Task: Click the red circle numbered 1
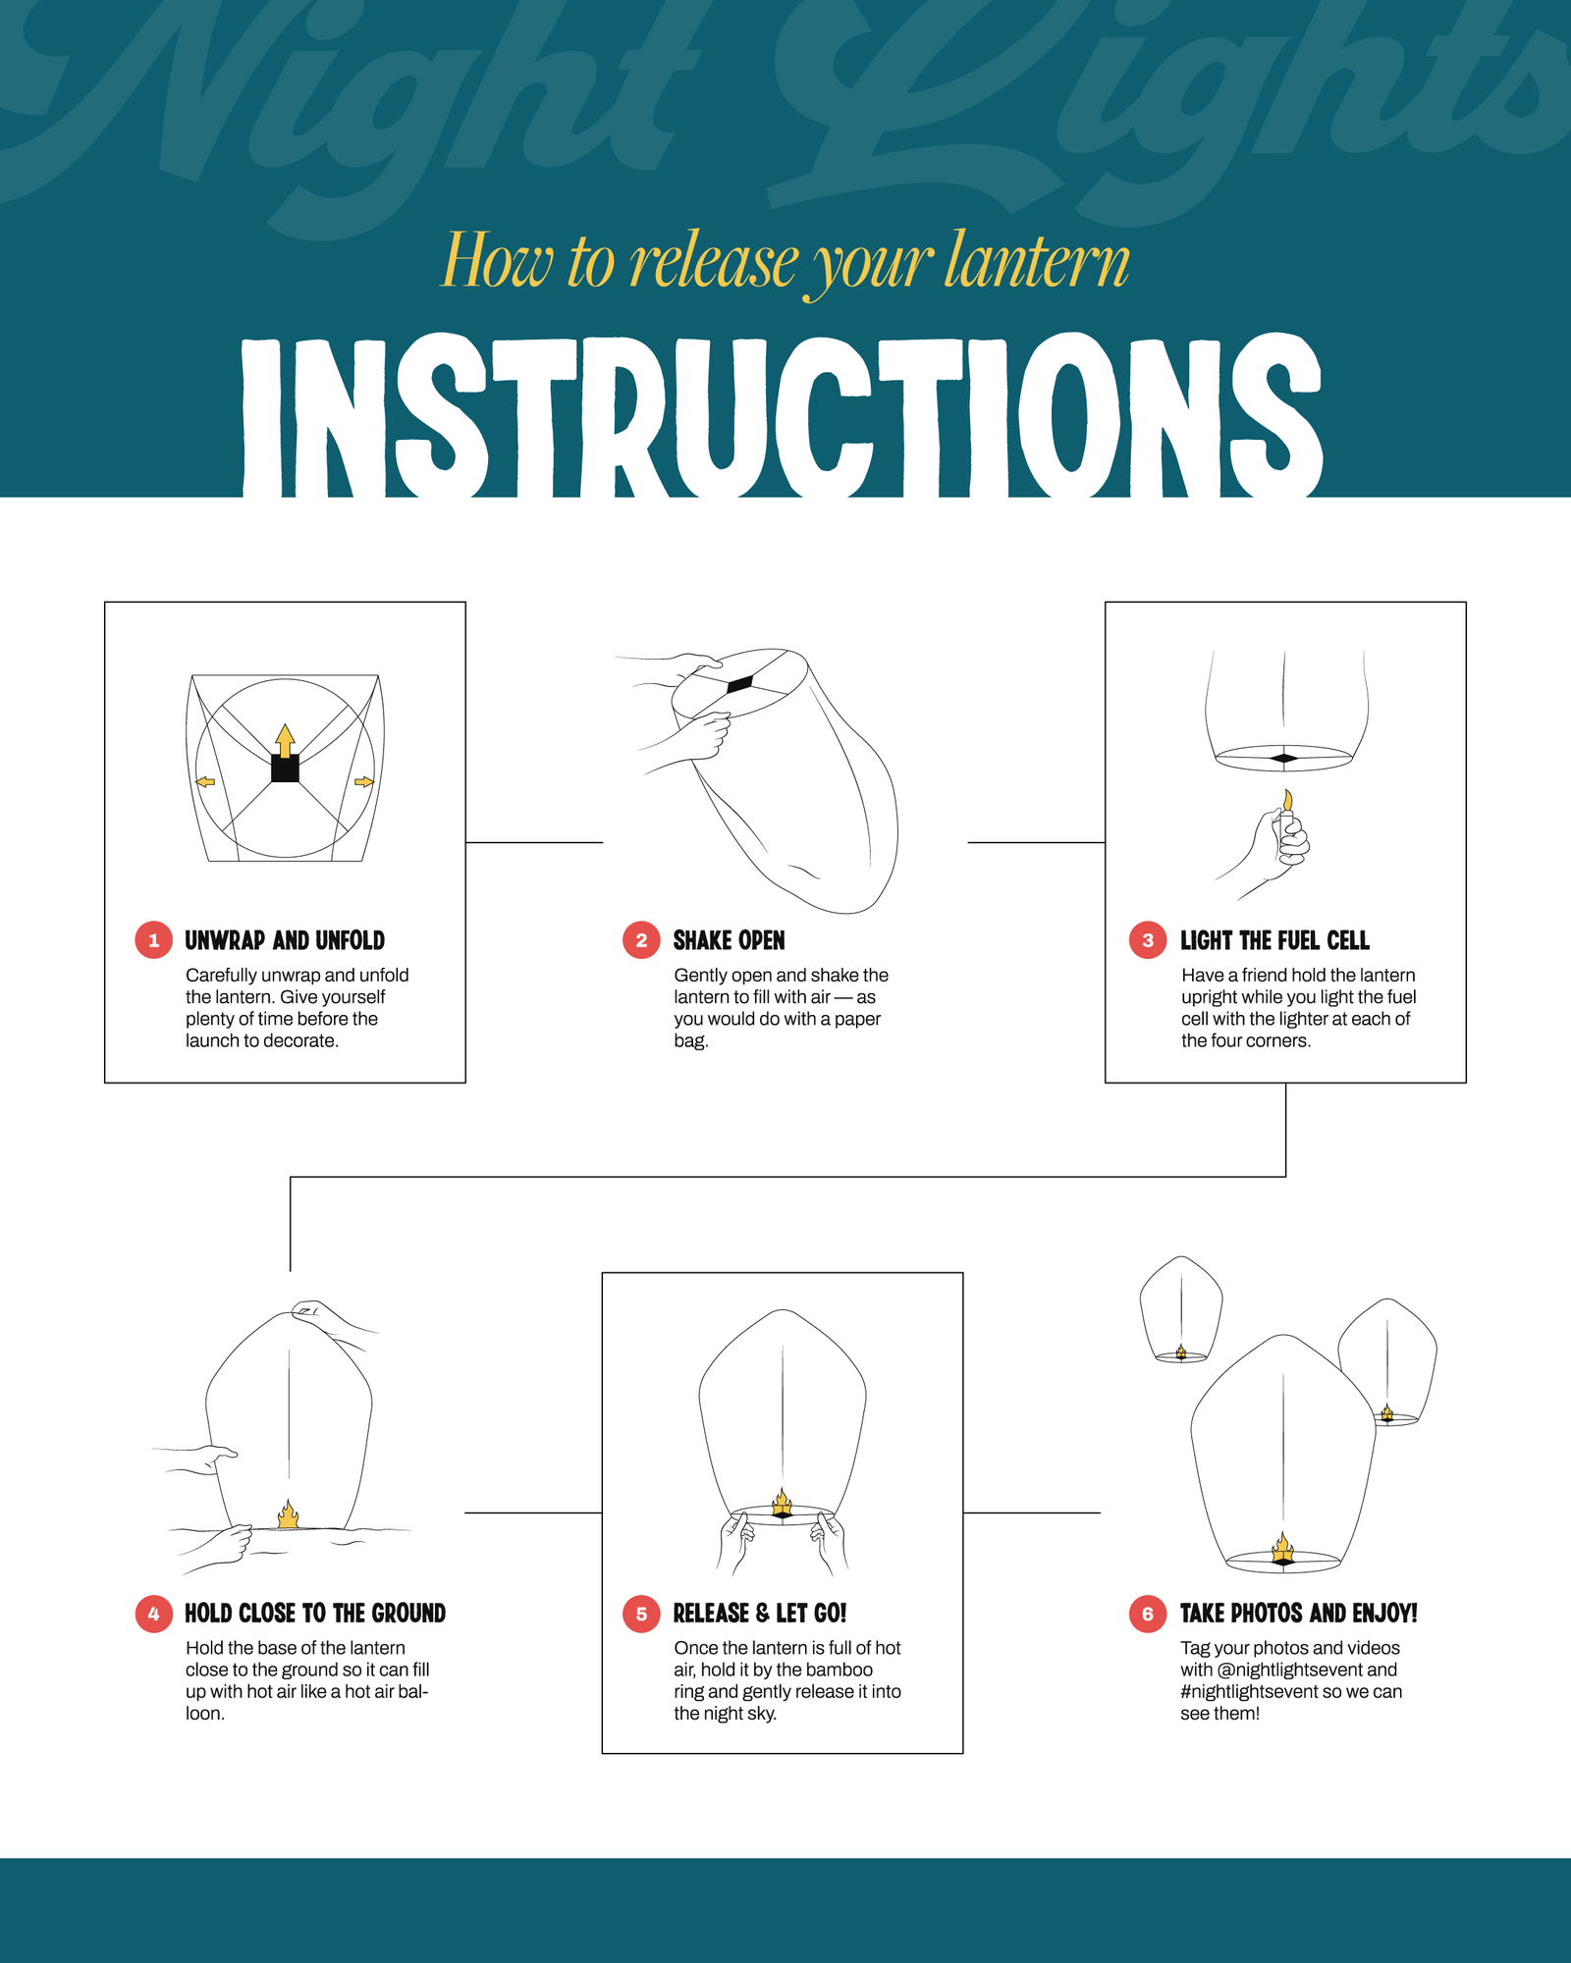(153, 940)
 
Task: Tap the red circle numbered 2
(641, 940)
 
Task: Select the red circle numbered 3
(1148, 940)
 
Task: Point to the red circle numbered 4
(153, 1614)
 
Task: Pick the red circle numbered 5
(641, 1614)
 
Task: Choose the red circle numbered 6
(1148, 1614)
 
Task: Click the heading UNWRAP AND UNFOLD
(285, 940)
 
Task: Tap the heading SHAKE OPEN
(729, 940)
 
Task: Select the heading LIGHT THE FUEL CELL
(1274, 940)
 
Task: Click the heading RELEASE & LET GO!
(759, 1614)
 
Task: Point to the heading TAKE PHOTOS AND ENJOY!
(1298, 1614)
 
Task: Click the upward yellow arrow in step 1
(285, 739)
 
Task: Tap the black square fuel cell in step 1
(285, 768)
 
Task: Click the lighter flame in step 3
(1287, 800)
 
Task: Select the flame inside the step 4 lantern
(288, 1514)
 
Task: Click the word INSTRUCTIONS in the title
(783, 417)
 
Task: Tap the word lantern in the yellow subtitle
(1037, 261)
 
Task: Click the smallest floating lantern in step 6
(1181, 1308)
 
